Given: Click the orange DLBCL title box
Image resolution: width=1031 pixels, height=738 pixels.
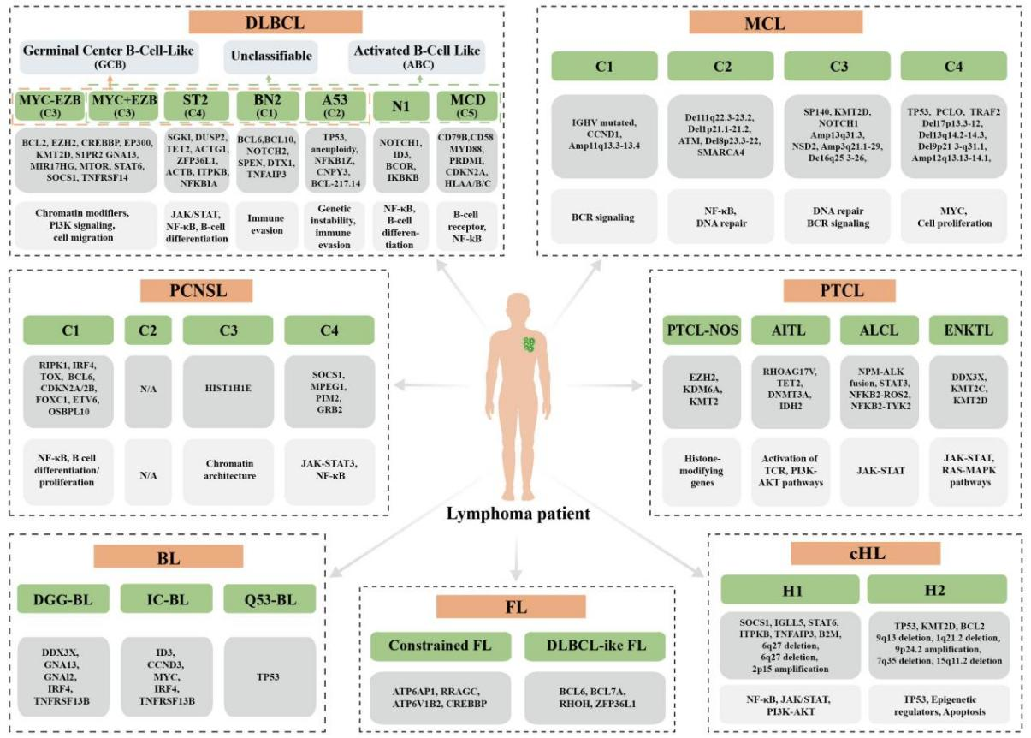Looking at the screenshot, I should point(265,21).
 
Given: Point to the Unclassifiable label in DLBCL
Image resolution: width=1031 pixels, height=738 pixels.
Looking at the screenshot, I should point(269,57).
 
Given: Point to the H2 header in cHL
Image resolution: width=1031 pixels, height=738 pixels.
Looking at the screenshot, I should point(937,589).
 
